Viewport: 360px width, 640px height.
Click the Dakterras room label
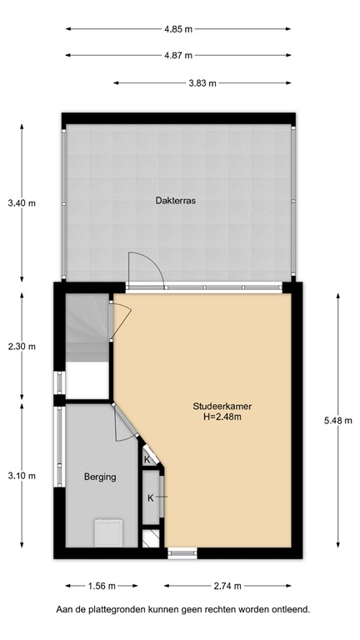pos(175,200)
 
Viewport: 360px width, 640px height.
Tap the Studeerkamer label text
pos(222,406)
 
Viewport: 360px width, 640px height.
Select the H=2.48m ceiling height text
pos(222,417)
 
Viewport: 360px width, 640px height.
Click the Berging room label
pos(99,477)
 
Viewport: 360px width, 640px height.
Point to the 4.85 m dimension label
pos(178,29)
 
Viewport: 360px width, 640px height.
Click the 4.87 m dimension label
pos(178,56)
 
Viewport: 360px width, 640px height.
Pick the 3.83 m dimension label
pos(202,83)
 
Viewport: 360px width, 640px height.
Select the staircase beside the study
pos(87,328)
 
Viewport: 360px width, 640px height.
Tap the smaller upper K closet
pos(147,459)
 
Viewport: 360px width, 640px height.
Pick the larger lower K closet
pos(152,498)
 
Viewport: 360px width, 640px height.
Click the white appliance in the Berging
pos(108,531)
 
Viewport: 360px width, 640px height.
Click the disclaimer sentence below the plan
pos(182,610)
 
